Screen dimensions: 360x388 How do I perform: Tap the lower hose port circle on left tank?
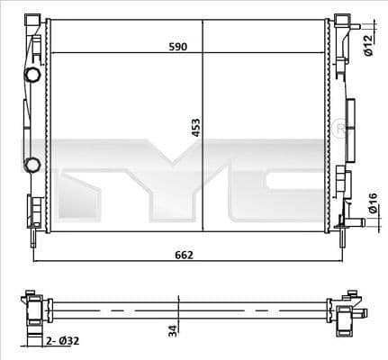point(32,164)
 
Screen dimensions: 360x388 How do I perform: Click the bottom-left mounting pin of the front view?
point(33,236)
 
